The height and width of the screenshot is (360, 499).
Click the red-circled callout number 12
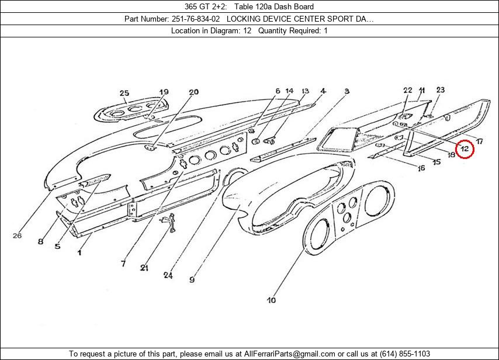pyautogui.click(x=464, y=150)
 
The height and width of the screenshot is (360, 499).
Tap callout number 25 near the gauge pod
pyautogui.click(x=124, y=93)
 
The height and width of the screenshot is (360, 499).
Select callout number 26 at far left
pyautogui.click(x=17, y=236)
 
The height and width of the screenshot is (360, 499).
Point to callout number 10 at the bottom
pyautogui.click(x=271, y=300)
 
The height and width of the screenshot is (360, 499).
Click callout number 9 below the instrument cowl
pyautogui.click(x=192, y=279)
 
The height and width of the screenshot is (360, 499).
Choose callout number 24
pyautogui.click(x=169, y=275)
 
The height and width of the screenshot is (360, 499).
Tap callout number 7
pyautogui.click(x=123, y=264)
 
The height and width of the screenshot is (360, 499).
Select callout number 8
pyautogui.click(x=40, y=241)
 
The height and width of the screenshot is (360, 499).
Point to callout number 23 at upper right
pyautogui.click(x=440, y=90)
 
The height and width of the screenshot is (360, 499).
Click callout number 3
pyautogui.click(x=346, y=92)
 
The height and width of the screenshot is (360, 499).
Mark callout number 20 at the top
pyautogui.click(x=193, y=92)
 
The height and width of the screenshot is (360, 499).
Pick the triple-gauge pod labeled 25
pyautogui.click(x=131, y=110)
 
